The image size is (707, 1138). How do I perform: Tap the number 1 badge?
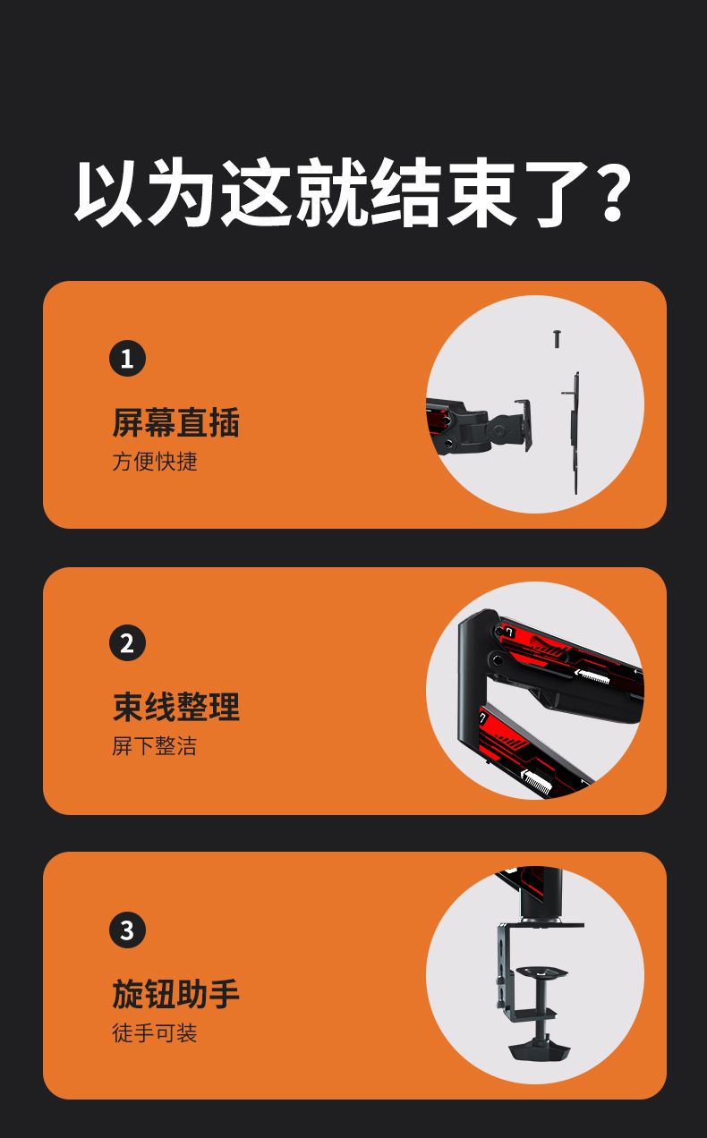pos(128,358)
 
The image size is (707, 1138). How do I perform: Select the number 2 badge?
pos(128,642)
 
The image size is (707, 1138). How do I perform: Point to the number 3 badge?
pos(128,930)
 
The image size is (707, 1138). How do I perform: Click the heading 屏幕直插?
pos(176,422)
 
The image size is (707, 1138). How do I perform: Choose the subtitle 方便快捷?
pos(155,462)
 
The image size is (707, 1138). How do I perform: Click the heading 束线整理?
pos(176,707)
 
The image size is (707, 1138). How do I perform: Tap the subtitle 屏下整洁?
pos(155,746)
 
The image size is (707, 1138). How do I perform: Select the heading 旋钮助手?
pos(176,994)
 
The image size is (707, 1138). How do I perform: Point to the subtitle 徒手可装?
pos(155,1033)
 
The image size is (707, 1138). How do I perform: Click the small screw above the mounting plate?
pos(558,339)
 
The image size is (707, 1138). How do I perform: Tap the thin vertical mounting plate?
pos(574,433)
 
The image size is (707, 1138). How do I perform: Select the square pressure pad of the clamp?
pos(541,972)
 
